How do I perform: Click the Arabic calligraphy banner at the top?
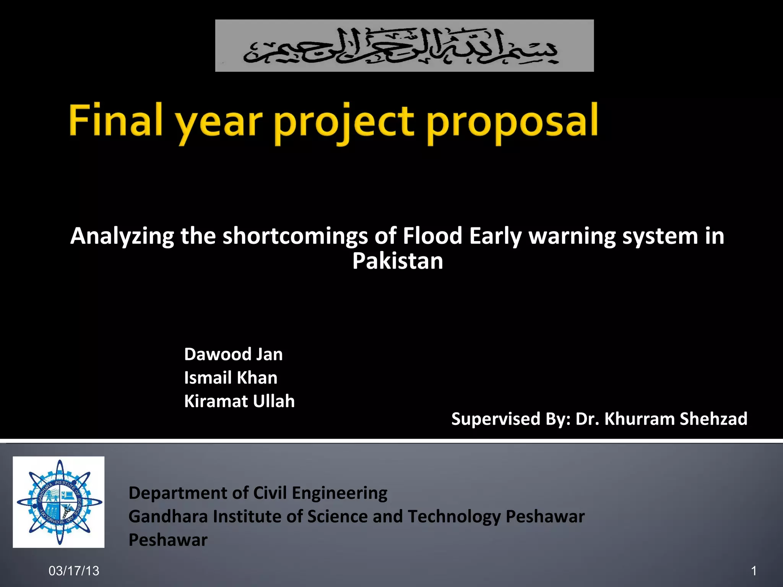[404, 45]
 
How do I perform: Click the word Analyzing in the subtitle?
[122, 236]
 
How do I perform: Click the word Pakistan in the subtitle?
[397, 261]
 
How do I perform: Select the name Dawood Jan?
[233, 354]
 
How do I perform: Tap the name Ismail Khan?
[231, 378]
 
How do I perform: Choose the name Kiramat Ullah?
[239, 401]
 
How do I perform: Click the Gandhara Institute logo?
[58, 502]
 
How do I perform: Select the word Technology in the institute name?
[454, 517]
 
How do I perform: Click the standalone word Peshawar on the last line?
[168, 540]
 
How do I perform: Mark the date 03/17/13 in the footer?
[74, 571]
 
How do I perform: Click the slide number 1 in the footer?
[754, 571]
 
